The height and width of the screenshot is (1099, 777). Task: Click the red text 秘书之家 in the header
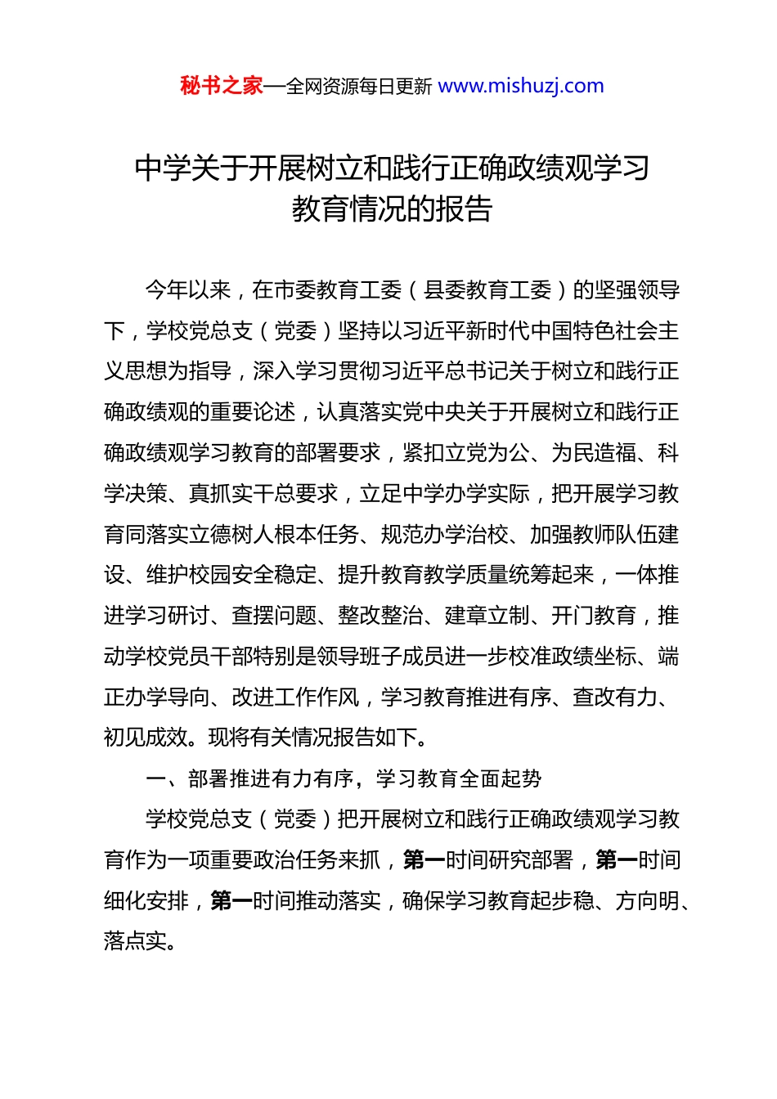(x=222, y=86)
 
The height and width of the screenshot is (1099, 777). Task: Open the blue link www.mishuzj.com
(x=521, y=86)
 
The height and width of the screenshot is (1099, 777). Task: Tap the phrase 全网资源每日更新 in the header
(x=358, y=87)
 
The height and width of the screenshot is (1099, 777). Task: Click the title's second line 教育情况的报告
(x=392, y=209)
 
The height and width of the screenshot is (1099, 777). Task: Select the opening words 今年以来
(x=188, y=290)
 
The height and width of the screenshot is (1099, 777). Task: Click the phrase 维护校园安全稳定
(x=231, y=575)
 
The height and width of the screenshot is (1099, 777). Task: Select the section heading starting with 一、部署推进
(x=344, y=778)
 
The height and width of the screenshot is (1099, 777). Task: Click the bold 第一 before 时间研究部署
(x=424, y=860)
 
